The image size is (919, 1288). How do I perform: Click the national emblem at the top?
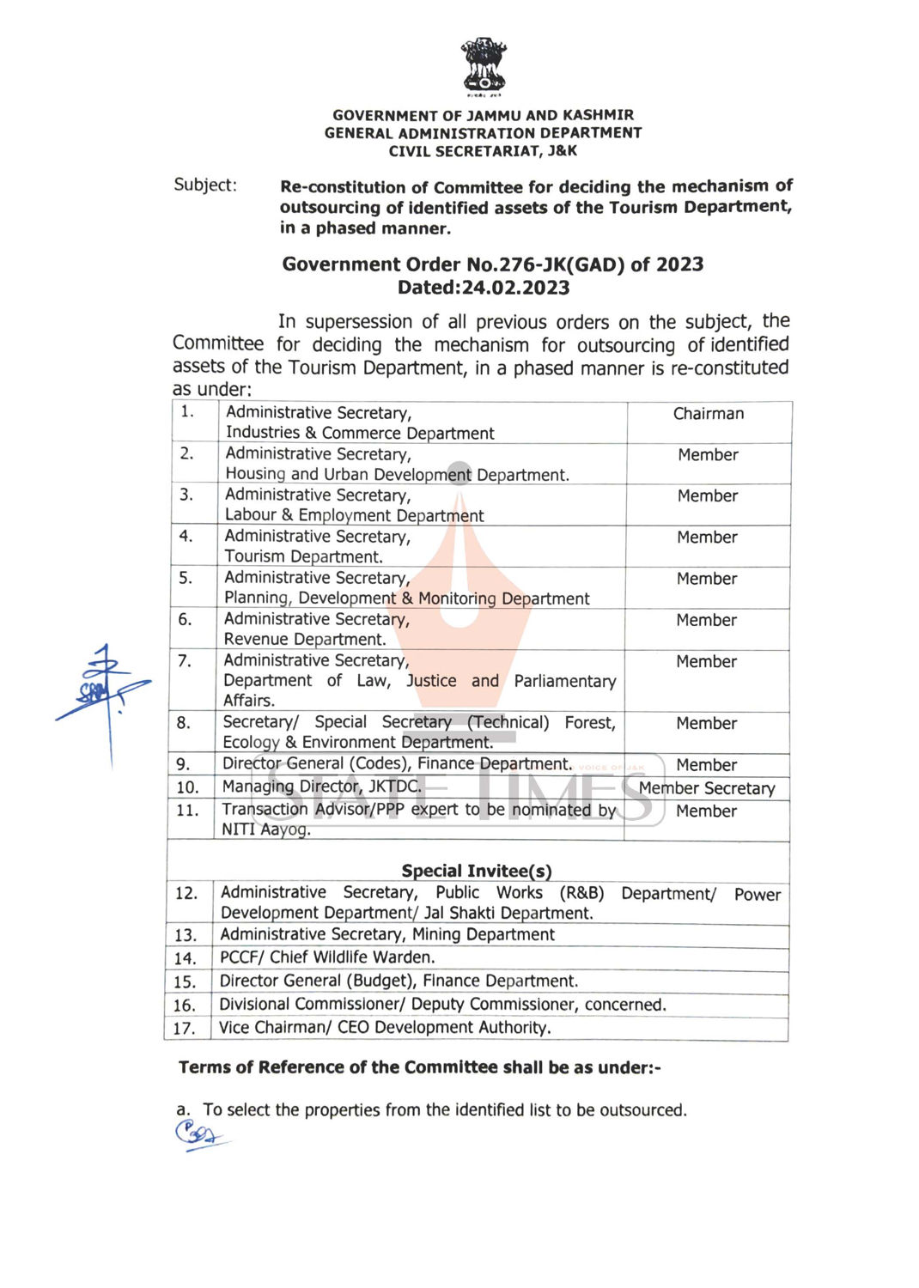pos(484,65)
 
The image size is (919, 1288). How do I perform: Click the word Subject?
pos(204,185)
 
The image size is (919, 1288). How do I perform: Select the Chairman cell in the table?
pos(709,414)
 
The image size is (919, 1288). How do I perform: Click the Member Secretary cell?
pos(707,788)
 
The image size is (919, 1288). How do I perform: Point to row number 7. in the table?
pos(184,660)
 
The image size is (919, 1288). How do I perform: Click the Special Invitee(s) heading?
pos(477,871)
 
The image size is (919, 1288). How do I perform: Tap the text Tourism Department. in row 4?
pos(303,556)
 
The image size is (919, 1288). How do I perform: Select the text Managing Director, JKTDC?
pos(322,787)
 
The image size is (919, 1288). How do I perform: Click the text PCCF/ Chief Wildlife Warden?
pos(327,957)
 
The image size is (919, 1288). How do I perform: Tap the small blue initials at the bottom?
pos(199,1135)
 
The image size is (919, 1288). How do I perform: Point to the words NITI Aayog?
pos(265,829)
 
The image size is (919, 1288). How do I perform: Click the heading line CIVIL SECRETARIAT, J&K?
pos(483,151)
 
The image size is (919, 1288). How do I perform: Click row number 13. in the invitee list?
pos(186,935)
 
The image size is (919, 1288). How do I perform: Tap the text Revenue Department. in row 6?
pos(305,639)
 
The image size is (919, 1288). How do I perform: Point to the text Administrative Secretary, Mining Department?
pos(387,934)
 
